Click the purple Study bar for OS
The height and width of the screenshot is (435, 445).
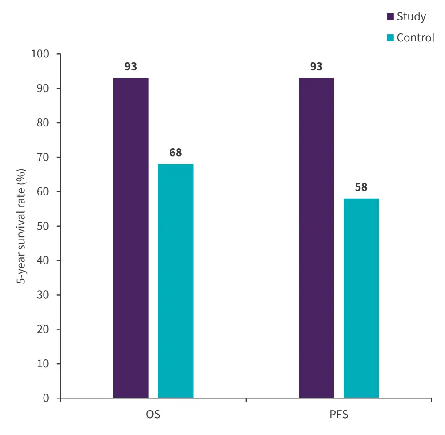pos(131,238)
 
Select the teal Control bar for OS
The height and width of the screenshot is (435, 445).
pos(175,281)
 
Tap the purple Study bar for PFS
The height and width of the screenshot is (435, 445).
pos(316,238)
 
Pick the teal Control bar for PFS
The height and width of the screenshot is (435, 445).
pos(361,298)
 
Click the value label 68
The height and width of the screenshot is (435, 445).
pos(175,153)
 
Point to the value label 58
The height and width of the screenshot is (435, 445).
pos(361,187)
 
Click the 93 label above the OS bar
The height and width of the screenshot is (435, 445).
pos(131,67)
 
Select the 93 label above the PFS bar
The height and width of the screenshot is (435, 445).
pos(316,67)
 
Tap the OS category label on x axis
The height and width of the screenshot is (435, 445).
pos(153,415)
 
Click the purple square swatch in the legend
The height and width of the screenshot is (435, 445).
pos(390,17)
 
